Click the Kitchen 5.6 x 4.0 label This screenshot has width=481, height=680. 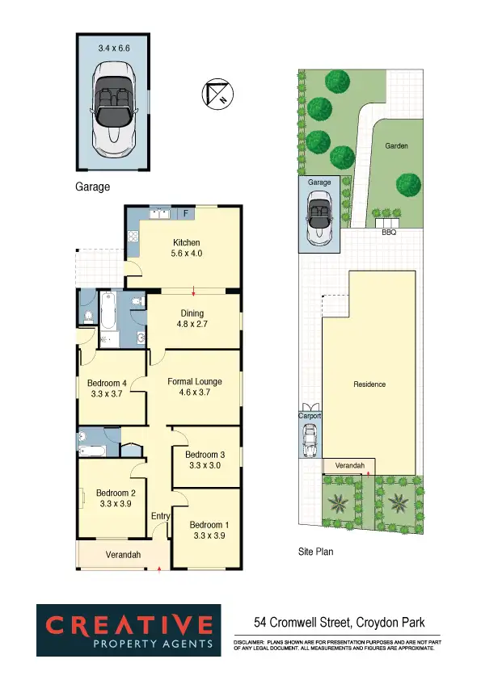[187, 248]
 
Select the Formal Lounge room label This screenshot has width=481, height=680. [194, 387]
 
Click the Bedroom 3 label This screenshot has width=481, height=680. [205, 460]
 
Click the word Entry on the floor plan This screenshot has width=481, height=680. [161, 517]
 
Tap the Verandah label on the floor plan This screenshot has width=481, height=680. [123, 555]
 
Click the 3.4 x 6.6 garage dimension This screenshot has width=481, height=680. [114, 48]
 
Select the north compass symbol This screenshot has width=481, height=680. [216, 95]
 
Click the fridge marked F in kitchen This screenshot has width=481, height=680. [185, 214]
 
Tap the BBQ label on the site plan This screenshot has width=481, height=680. [389, 232]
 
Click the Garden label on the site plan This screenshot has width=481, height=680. [396, 146]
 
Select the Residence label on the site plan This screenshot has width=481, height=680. [370, 384]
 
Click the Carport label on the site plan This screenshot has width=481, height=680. [310, 416]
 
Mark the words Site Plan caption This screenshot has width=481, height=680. [315, 552]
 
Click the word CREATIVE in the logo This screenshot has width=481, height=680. [129, 625]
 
